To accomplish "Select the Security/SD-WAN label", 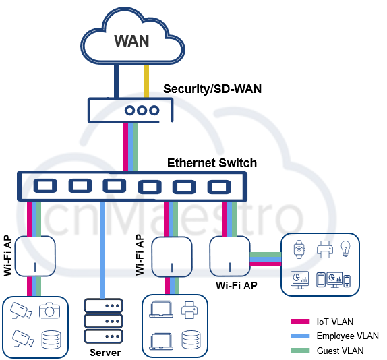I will (212, 88).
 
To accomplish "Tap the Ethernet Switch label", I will (212, 162).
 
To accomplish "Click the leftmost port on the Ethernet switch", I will (44, 186).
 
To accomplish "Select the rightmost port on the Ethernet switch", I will (219, 187).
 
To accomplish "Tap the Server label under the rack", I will (105, 353).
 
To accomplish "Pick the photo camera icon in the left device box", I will (50, 311).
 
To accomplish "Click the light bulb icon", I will (346, 249).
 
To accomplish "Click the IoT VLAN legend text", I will (334, 322).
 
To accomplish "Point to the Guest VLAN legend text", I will (340, 350).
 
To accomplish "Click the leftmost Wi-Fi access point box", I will (33, 256).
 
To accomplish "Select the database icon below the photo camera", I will (51, 339).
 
